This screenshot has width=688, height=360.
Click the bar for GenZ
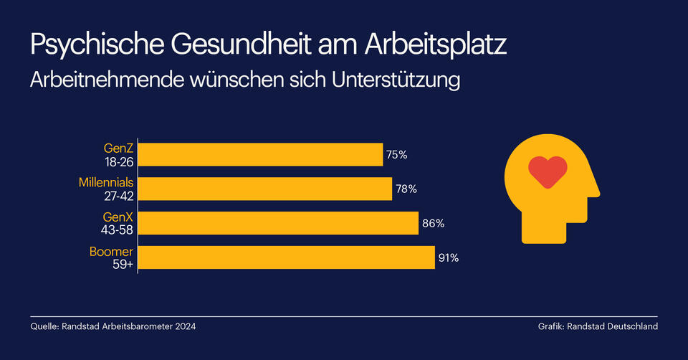[260, 154]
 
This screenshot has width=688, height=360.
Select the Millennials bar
[265, 189]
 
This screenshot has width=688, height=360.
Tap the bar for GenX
[278, 223]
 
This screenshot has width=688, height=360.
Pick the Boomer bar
[286, 257]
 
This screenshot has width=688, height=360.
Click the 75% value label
[396, 154]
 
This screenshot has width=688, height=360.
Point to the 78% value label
[406, 189]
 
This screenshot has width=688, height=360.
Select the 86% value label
[433, 223]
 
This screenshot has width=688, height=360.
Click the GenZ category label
[118, 148]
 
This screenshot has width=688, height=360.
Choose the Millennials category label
[106, 183]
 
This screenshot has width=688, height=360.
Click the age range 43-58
[116, 229]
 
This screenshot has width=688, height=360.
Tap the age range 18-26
[117, 161]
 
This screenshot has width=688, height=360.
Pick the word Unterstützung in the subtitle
[396, 80]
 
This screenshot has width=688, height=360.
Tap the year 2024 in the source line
[183, 326]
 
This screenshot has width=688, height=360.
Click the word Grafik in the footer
[550, 326]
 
